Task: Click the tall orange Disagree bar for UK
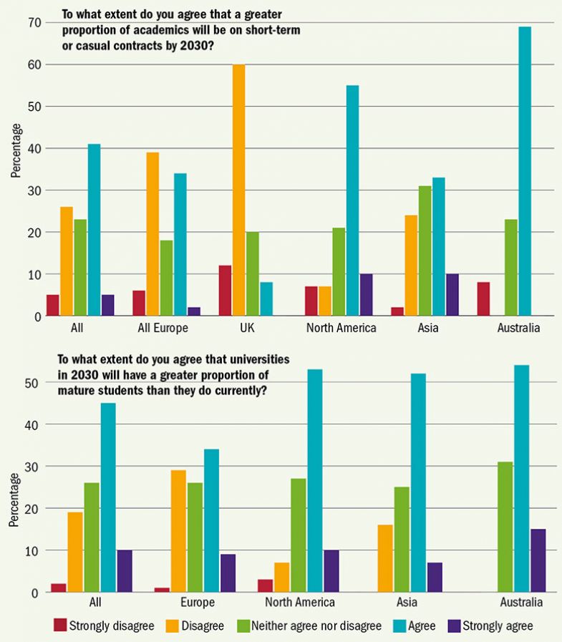click(x=239, y=190)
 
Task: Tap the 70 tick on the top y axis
click(x=33, y=23)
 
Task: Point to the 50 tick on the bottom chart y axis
click(x=28, y=383)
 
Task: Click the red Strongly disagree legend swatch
click(x=60, y=626)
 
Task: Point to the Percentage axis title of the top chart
click(x=16, y=150)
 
